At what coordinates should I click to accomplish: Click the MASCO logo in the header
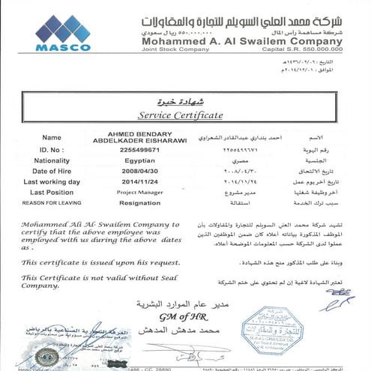(62, 33)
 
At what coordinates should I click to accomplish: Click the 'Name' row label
(52, 138)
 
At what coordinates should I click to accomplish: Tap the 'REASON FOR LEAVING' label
(52, 202)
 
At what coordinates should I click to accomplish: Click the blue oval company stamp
(272, 329)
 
